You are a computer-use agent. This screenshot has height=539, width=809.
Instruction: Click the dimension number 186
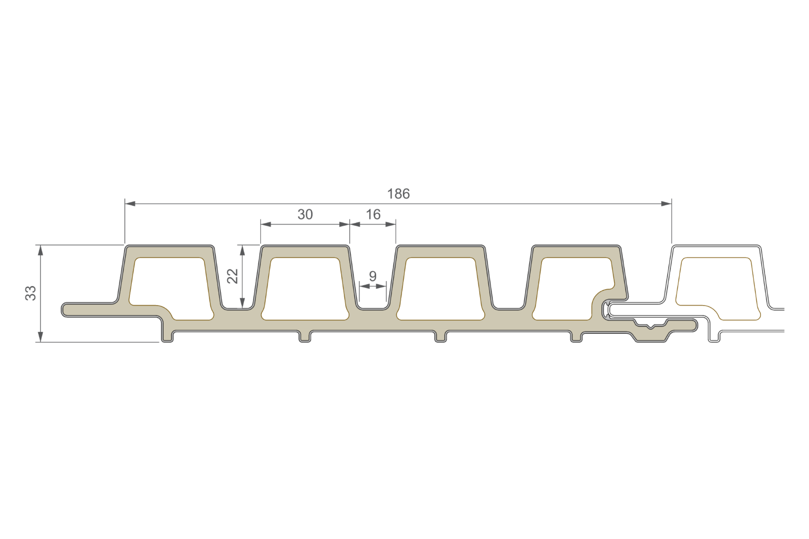click(x=398, y=194)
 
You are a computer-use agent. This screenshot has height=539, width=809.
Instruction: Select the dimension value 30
click(x=305, y=215)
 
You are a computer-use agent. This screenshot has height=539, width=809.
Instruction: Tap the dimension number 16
click(x=373, y=215)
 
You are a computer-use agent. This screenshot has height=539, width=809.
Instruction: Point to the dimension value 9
click(x=373, y=276)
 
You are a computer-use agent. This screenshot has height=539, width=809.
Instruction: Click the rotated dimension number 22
click(x=232, y=276)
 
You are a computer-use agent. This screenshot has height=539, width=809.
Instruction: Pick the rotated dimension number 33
click(x=31, y=293)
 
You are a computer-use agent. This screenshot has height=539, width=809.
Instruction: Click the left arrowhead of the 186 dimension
click(x=130, y=204)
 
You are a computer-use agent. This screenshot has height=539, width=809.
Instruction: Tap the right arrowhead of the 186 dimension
click(x=666, y=204)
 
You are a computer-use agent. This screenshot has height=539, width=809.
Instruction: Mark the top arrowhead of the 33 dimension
click(x=41, y=250)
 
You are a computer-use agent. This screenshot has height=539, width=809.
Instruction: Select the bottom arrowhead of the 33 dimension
click(x=41, y=337)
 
